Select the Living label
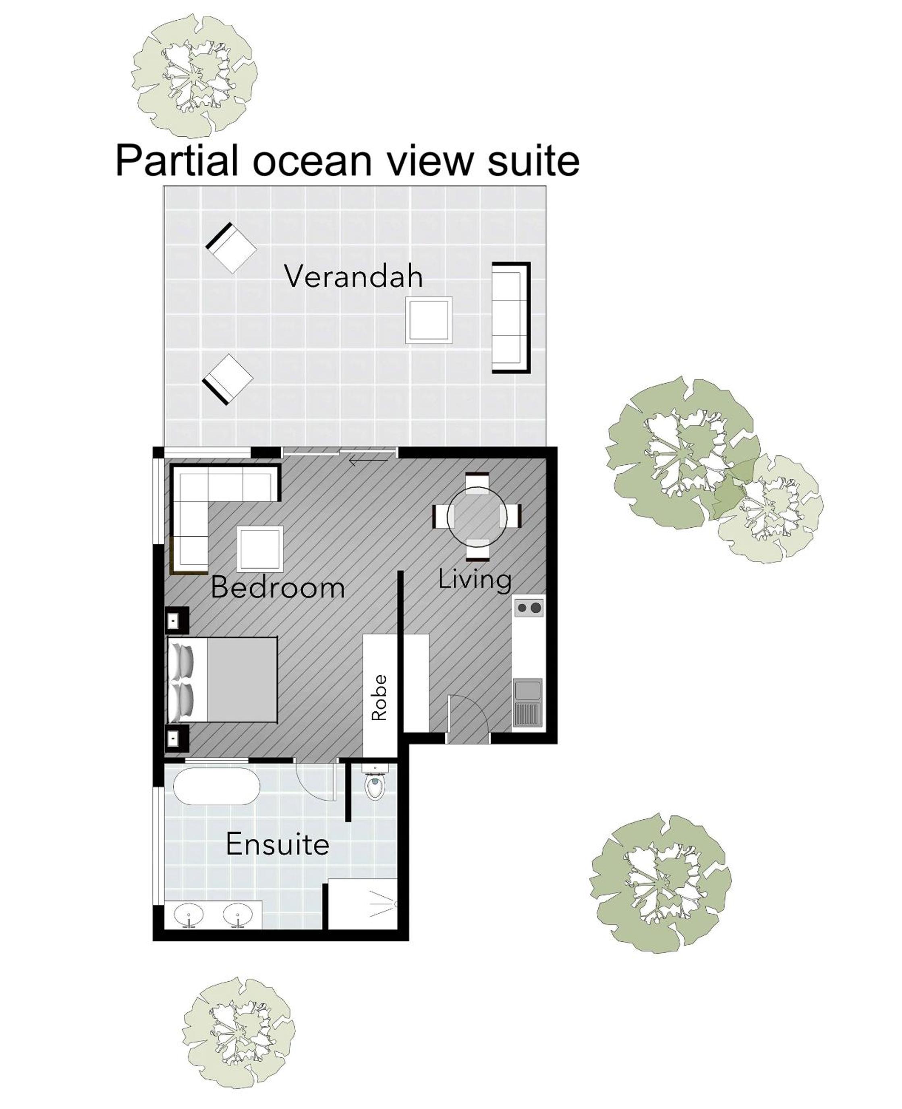[x=475, y=580]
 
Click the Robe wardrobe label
[x=379, y=698]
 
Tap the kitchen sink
[x=528, y=702]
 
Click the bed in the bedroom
[x=222, y=680]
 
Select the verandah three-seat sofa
[x=511, y=317]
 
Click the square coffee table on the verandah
[x=429, y=319]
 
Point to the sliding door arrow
[x=368, y=460]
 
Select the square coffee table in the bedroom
[x=260, y=549]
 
